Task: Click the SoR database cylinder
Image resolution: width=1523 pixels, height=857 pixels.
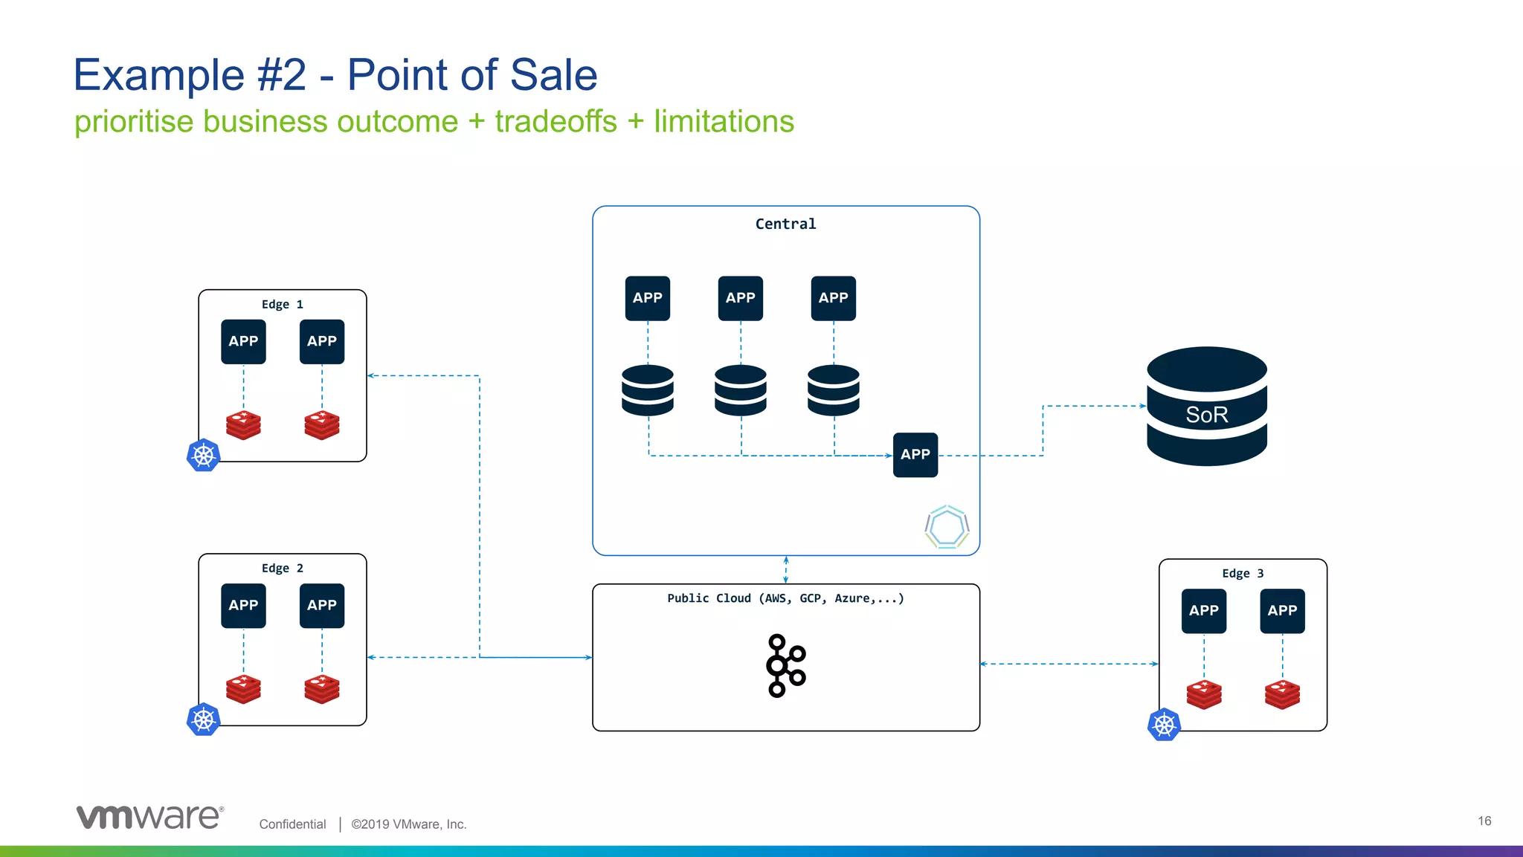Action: point(1206,407)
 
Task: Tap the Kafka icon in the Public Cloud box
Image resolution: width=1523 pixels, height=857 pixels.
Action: point(785,665)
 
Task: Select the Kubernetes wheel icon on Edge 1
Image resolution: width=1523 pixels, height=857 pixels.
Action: point(203,455)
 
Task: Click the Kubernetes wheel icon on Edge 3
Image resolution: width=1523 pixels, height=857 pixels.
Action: point(1164,724)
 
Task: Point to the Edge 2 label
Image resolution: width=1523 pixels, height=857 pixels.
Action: point(282,568)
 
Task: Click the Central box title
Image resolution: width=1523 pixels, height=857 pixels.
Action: point(785,224)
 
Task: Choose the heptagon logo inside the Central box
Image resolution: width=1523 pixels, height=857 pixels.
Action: point(947,527)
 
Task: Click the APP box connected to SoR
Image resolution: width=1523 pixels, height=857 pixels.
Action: point(915,454)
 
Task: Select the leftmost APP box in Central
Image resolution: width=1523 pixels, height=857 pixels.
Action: point(647,298)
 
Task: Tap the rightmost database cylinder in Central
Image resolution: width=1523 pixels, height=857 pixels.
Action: point(833,389)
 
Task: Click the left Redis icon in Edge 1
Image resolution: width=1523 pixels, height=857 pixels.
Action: point(243,424)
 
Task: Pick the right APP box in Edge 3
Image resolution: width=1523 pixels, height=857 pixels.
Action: point(1282,610)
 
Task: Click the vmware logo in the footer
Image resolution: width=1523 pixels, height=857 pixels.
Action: point(149,816)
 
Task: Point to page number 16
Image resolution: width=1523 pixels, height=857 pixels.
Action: point(1484,821)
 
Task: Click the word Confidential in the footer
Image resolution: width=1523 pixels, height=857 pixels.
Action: point(292,824)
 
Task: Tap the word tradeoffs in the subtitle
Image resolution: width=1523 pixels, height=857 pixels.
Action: point(556,121)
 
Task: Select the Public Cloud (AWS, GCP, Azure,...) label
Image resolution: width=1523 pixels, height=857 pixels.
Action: point(785,598)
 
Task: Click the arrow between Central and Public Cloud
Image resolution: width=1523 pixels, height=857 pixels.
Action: point(785,570)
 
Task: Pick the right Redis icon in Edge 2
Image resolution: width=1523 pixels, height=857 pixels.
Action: point(321,688)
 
